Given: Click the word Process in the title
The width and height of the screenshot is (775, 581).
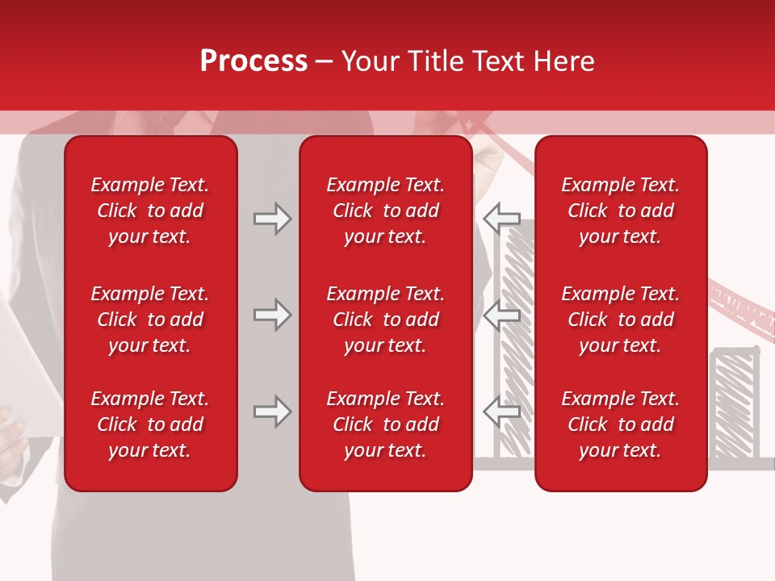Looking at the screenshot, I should coord(253,61).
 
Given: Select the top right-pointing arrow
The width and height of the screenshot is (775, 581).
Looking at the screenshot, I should coord(272,219).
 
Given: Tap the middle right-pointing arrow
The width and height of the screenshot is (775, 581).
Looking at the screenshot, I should coord(272,315).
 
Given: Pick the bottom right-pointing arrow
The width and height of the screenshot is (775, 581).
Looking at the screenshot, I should coord(272,412).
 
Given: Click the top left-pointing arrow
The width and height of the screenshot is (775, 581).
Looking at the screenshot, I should coord(502,219).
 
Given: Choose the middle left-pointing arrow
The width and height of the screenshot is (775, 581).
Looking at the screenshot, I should coord(502,315).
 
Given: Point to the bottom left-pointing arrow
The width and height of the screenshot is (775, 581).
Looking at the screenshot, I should coord(502,412).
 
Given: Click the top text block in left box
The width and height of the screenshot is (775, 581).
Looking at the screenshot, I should coord(150,211).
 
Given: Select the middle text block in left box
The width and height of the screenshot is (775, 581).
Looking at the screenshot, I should coord(150,320).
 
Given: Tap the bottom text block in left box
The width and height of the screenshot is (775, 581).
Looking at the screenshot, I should coord(150,424).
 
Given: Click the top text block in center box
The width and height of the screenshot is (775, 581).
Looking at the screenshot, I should coord(386,211).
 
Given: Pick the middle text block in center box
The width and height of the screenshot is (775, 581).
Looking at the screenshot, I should coord(386,320).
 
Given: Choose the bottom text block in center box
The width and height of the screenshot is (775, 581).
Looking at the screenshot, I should coord(386,424).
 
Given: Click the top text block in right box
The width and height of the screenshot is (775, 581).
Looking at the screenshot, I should coord(621,211).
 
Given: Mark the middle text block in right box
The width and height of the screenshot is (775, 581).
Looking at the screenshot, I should coord(621,320).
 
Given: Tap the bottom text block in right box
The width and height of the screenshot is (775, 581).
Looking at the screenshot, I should coord(621,424).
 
